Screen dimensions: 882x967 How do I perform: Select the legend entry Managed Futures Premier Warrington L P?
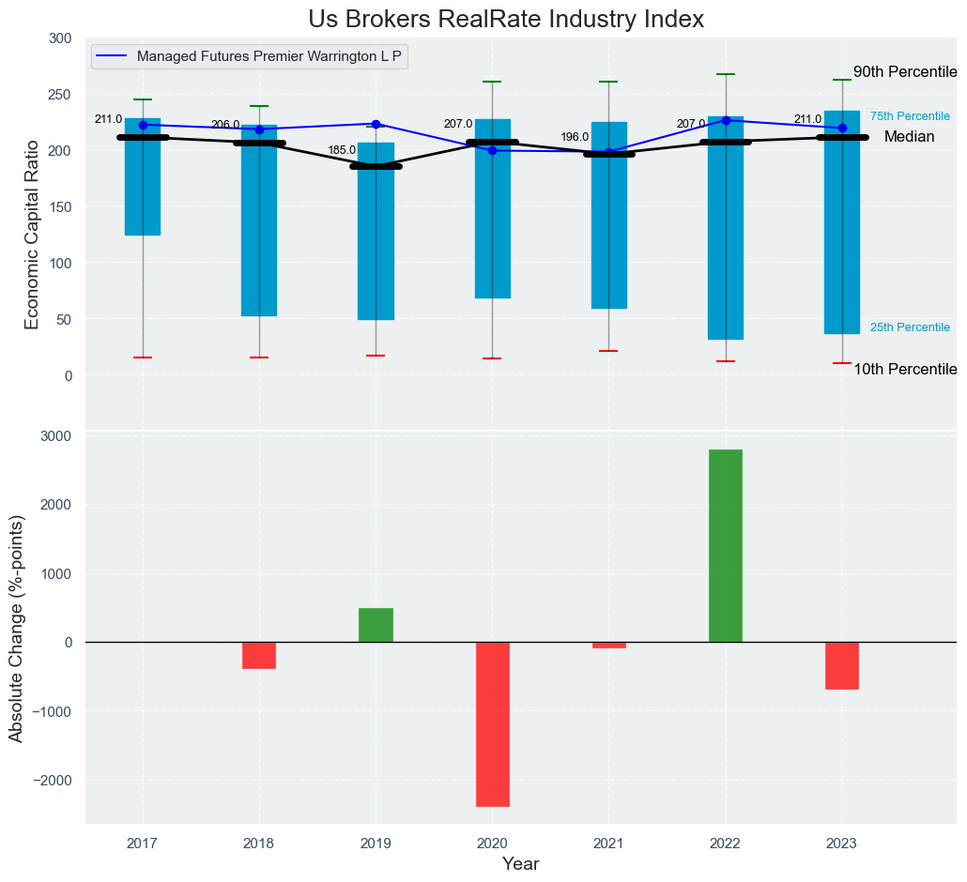coord(269,56)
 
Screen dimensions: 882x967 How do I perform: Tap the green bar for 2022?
coord(726,545)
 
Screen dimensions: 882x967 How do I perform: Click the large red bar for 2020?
coord(492,723)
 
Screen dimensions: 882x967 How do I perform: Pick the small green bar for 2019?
coord(376,625)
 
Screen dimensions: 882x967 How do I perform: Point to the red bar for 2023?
coord(842,665)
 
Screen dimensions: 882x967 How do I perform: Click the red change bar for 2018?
coord(259,655)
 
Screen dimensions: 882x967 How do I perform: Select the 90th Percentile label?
coord(905,72)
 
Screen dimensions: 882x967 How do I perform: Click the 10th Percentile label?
coord(905,370)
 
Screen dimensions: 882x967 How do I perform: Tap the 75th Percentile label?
coord(910,116)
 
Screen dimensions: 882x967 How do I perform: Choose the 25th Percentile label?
coord(910,327)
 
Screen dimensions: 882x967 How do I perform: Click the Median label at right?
coord(909,137)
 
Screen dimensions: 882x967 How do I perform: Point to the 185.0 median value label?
coord(342,150)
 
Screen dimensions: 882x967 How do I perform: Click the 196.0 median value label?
coord(575,137)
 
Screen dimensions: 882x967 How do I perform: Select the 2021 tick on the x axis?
coord(608,844)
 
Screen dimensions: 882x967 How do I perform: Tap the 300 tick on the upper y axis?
coord(60,38)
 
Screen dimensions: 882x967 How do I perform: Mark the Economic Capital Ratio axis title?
coord(32,235)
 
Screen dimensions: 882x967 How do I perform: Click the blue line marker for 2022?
coord(726,120)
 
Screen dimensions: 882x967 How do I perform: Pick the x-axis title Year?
coord(520,864)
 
